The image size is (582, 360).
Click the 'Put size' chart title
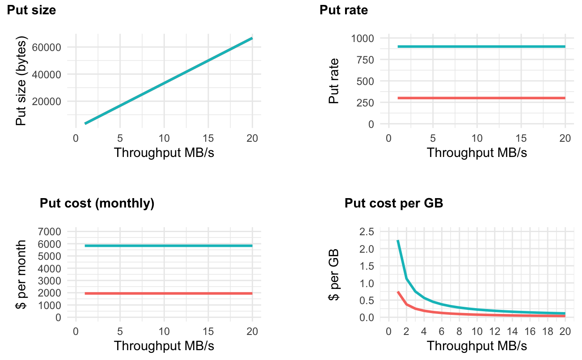31,10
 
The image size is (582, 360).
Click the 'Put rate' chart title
344,10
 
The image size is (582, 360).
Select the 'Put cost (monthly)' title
97,203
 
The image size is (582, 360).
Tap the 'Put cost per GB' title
394,203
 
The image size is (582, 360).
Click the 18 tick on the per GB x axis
548,331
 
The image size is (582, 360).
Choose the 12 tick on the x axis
495,331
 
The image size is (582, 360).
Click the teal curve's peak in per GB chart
398,241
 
